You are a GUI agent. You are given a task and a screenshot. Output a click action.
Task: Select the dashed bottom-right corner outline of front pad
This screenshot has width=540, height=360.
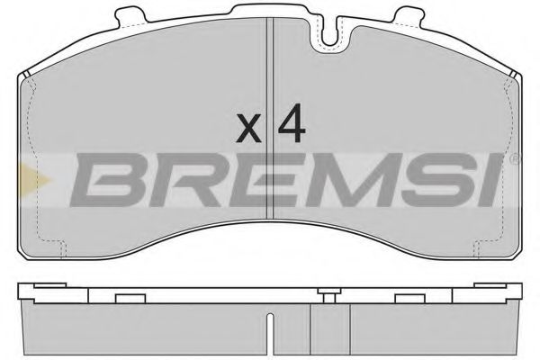tap(486, 243)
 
